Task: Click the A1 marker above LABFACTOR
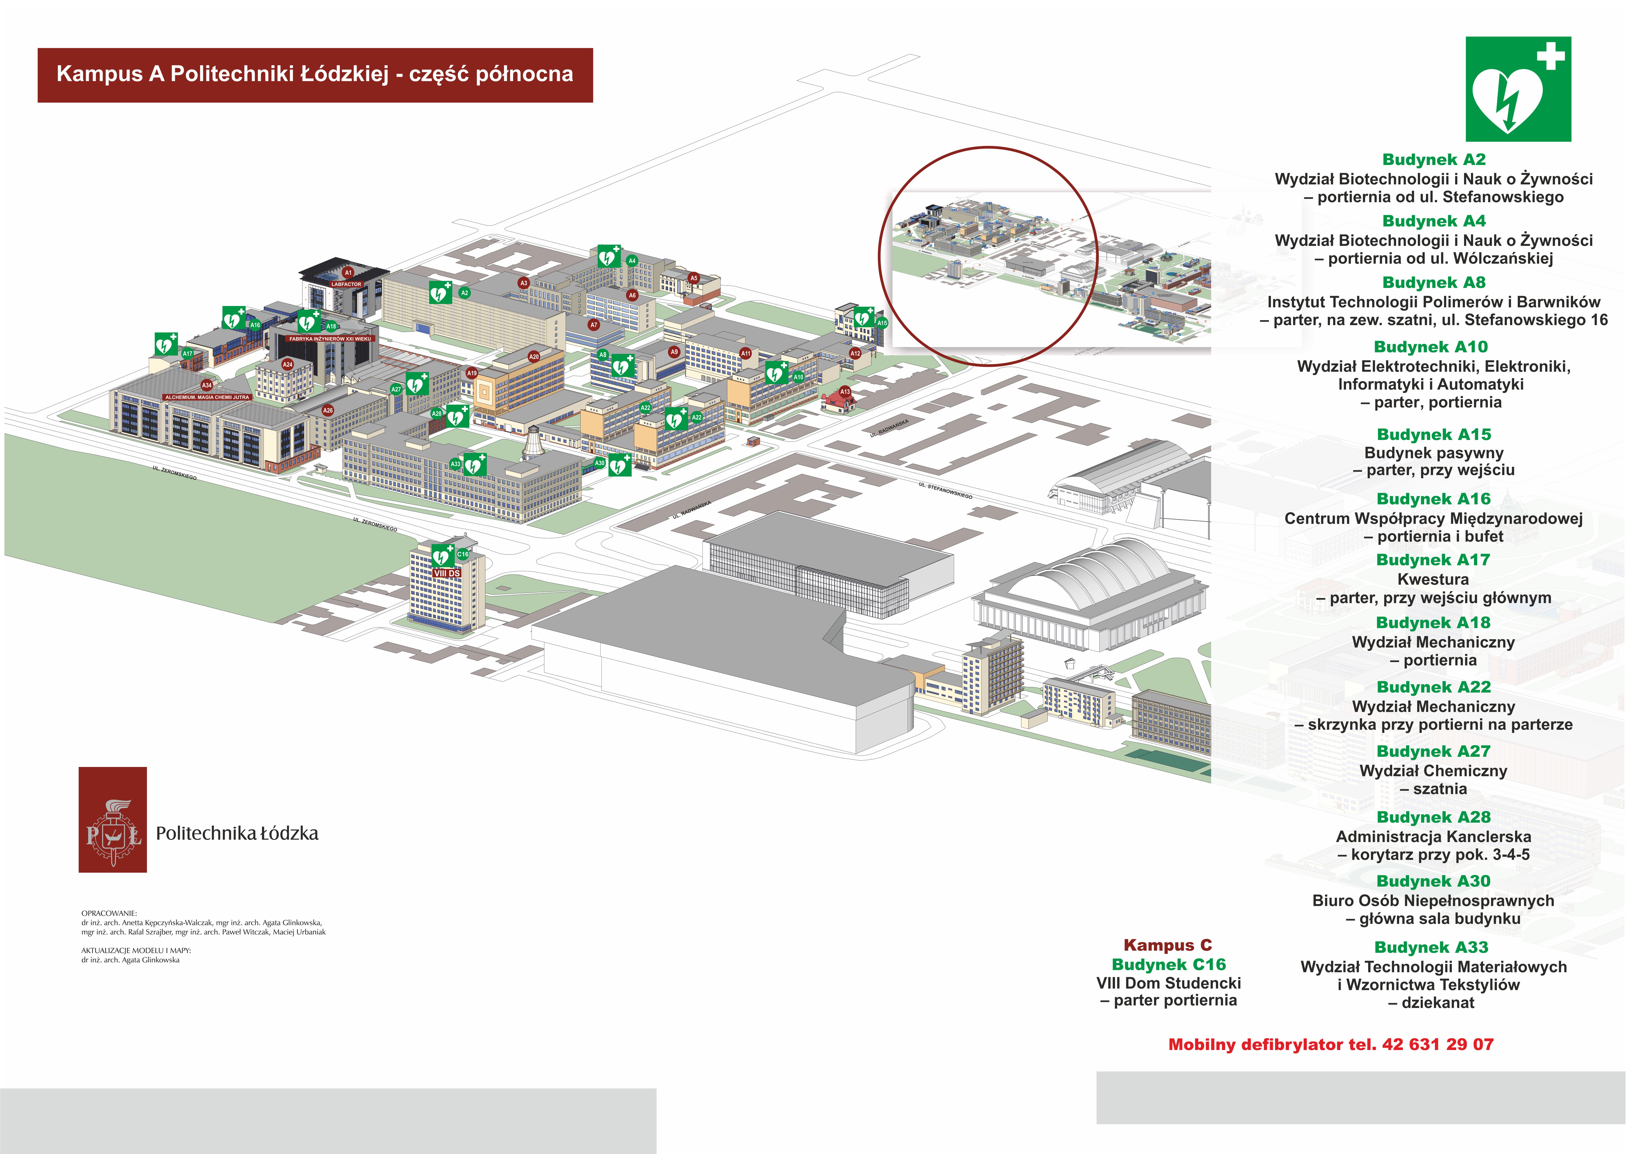click(348, 272)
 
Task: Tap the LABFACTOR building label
click(346, 284)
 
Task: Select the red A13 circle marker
click(845, 391)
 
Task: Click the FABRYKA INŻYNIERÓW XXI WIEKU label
click(330, 339)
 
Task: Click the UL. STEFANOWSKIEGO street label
click(945, 490)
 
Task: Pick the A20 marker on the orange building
click(534, 357)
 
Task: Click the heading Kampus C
click(1167, 945)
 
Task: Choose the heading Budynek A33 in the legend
click(1431, 947)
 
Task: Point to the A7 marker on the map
click(594, 325)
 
